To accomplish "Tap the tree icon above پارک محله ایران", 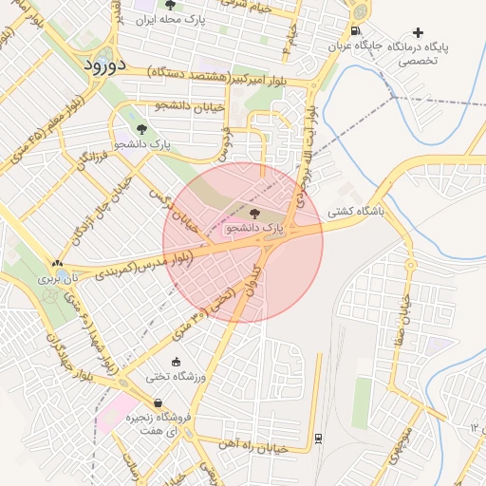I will click(170, 6).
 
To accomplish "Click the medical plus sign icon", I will click(418, 33).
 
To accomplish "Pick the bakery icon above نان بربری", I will click(60, 265).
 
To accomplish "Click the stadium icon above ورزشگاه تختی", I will click(176, 362).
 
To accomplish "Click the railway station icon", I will click(317, 438).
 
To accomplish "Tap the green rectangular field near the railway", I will click(363, 403).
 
